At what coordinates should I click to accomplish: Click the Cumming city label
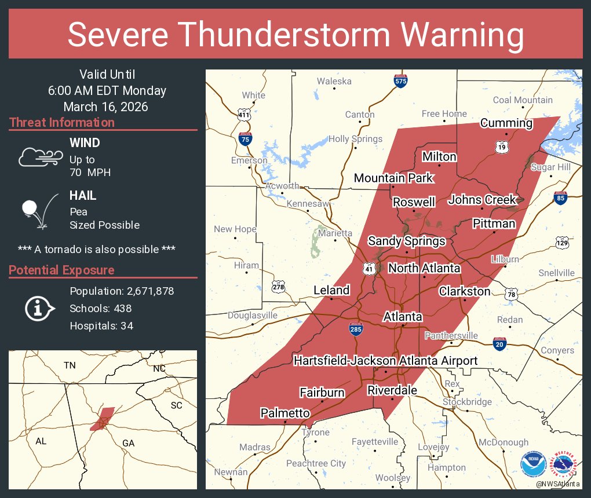(x=506, y=123)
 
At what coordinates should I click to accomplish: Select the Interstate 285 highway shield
(x=356, y=329)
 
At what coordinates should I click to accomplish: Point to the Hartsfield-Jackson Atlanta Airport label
(x=385, y=361)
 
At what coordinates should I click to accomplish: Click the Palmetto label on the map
(x=285, y=413)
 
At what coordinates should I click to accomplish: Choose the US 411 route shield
(x=245, y=114)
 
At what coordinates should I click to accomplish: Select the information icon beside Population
(x=39, y=309)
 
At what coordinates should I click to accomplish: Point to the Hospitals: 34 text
(x=101, y=326)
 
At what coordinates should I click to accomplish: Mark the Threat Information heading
(x=62, y=123)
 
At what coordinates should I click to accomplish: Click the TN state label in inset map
(x=70, y=365)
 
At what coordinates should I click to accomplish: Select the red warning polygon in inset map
(x=103, y=419)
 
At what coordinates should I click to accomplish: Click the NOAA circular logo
(x=532, y=464)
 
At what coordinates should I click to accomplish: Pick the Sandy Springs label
(x=407, y=241)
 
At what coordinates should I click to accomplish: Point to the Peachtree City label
(x=316, y=463)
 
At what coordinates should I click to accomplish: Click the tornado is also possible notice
(x=97, y=249)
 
